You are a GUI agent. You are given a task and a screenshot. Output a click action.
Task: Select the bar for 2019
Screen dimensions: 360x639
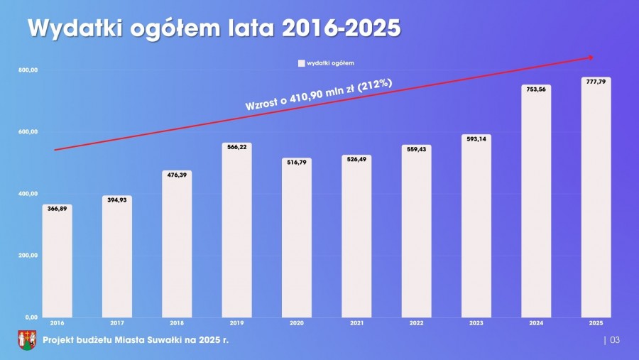236,231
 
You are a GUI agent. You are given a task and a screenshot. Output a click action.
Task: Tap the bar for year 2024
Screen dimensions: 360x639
535,202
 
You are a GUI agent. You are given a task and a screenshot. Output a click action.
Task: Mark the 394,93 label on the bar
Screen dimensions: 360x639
117,200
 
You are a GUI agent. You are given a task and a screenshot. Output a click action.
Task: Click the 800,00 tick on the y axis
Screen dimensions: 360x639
28,70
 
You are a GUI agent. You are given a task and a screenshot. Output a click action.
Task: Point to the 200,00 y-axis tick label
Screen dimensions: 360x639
28,256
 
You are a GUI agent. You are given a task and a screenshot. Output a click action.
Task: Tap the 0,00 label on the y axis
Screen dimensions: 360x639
31,317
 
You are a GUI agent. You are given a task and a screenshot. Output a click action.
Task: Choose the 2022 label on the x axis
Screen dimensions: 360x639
416,323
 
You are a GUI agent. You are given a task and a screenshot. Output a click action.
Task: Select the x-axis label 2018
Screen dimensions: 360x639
177,323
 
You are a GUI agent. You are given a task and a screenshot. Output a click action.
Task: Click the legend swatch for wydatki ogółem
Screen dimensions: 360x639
301,63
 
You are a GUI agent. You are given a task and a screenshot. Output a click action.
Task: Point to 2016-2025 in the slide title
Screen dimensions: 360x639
341,28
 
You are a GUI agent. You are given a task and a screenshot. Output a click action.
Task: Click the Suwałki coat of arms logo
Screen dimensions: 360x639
26,340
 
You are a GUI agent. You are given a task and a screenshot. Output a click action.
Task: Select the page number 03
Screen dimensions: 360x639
615,341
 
